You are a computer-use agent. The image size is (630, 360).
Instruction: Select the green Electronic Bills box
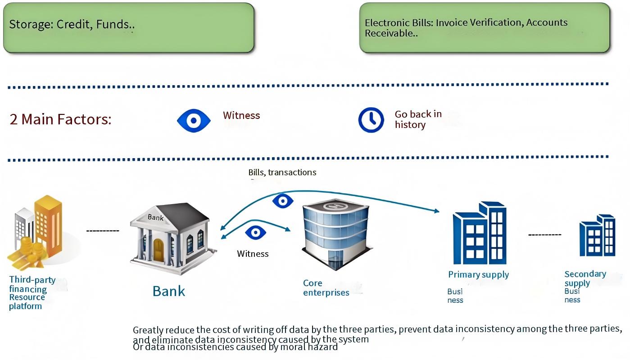(x=484, y=27)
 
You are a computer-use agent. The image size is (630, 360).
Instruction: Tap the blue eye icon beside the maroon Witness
(x=194, y=120)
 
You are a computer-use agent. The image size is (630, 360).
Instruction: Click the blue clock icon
(x=371, y=120)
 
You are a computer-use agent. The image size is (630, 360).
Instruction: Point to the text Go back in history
(x=418, y=119)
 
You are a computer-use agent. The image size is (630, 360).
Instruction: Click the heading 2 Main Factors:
(x=60, y=119)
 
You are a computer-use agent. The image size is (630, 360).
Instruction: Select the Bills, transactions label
(x=282, y=172)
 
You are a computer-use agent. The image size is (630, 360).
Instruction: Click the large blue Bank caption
(x=169, y=291)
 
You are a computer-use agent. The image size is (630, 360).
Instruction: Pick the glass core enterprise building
(x=335, y=234)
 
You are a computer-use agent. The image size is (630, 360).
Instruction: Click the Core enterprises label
(x=326, y=288)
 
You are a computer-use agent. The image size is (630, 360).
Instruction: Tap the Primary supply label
(x=478, y=274)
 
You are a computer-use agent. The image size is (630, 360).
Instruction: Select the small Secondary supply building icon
(x=597, y=235)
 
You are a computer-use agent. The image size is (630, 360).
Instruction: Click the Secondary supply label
(x=585, y=278)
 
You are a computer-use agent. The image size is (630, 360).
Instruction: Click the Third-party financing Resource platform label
(x=32, y=293)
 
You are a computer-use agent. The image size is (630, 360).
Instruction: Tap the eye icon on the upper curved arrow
(x=283, y=201)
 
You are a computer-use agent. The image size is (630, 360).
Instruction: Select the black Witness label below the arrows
(x=253, y=254)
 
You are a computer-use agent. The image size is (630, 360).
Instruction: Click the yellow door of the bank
(x=159, y=250)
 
